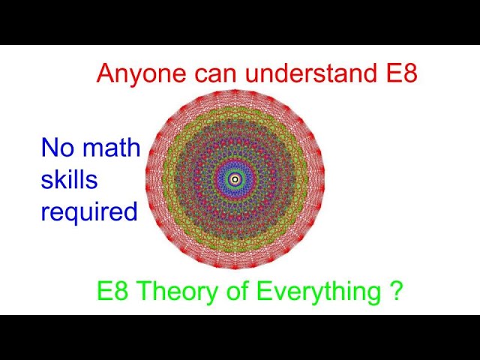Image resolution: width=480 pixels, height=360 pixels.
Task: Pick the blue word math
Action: click(x=111, y=148)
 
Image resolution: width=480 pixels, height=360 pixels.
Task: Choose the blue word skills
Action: click(x=69, y=180)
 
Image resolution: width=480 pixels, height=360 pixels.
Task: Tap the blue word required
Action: click(x=89, y=213)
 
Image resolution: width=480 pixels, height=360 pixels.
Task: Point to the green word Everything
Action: click(x=311, y=291)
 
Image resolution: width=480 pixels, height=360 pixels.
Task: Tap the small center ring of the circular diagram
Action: click(x=235, y=178)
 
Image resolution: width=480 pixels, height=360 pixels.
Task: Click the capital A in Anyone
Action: click(x=105, y=73)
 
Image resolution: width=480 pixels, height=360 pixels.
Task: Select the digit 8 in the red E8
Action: click(x=409, y=73)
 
